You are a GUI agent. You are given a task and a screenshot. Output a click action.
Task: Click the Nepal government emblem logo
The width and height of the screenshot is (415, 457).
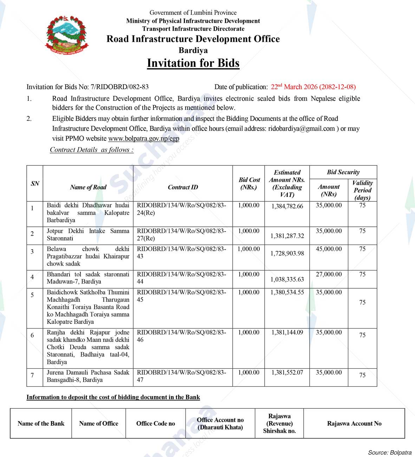(66, 35)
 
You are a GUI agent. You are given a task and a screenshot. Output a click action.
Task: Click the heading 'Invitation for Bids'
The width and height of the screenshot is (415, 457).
(193, 63)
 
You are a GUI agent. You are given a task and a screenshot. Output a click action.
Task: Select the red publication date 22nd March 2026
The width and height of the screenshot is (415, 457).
(313, 87)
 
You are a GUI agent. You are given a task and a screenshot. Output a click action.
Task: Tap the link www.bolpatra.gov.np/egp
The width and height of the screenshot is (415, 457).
(143, 138)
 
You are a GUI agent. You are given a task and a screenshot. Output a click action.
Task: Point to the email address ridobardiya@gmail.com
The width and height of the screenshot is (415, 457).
(301, 129)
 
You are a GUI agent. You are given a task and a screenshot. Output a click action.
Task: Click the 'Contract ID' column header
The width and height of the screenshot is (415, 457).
(183, 187)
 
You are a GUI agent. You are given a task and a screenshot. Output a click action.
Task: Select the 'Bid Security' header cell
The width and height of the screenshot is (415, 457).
(343, 172)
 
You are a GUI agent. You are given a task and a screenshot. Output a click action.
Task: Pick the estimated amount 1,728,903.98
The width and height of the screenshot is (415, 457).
(287, 253)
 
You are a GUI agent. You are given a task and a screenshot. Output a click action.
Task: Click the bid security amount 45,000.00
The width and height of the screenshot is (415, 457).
(329, 249)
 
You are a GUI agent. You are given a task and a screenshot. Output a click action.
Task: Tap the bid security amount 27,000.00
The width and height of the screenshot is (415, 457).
(329, 274)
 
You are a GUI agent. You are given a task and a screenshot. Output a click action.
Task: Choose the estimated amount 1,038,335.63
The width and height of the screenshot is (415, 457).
(287, 280)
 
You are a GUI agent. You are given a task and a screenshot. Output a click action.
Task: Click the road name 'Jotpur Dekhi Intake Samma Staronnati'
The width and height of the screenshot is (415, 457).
(88, 235)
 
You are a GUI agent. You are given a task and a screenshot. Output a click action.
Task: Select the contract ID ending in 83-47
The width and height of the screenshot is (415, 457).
(181, 376)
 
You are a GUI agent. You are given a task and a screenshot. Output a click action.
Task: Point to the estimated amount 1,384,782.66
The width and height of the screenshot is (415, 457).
(287, 206)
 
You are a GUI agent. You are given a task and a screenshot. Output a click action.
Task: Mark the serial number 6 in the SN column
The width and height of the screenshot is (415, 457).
(32, 335)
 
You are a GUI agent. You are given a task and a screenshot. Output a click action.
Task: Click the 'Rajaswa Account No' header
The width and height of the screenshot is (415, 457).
(354, 424)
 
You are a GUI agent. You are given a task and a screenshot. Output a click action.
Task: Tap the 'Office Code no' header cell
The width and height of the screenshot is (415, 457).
(155, 424)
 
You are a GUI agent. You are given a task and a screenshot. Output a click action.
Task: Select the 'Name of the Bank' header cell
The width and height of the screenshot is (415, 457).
(41, 424)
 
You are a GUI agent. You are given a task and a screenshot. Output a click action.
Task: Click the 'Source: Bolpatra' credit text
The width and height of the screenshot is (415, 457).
(389, 452)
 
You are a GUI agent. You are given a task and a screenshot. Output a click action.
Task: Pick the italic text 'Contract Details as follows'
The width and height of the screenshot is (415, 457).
(91, 150)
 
